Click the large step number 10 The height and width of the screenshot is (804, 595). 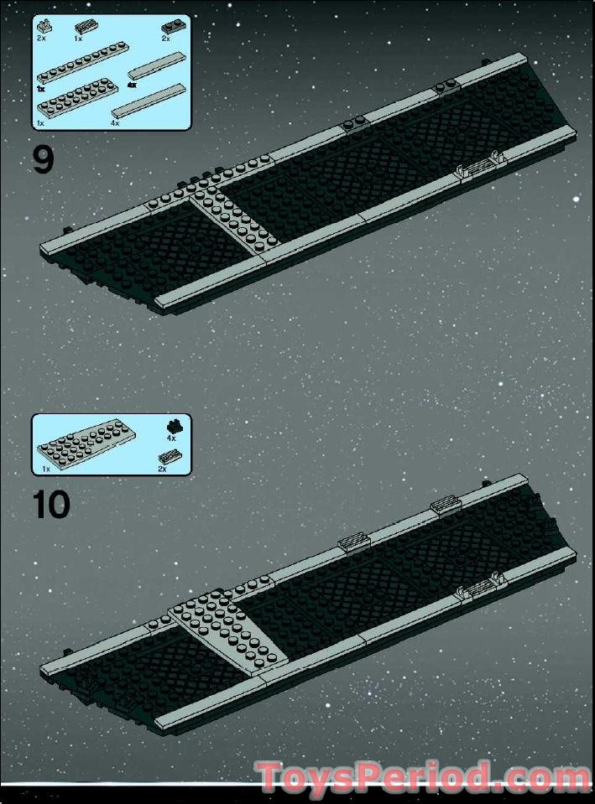click(x=51, y=505)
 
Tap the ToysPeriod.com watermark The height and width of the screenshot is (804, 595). click(x=424, y=777)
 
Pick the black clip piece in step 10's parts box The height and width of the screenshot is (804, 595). click(x=171, y=425)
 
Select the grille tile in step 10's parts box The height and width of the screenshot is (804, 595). click(x=170, y=457)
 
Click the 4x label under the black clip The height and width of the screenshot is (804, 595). click(x=170, y=438)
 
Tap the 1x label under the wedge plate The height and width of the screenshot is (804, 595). click(x=46, y=469)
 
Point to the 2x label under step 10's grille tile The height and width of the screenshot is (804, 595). click(x=162, y=469)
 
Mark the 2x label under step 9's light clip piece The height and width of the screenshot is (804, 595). click(x=41, y=39)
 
